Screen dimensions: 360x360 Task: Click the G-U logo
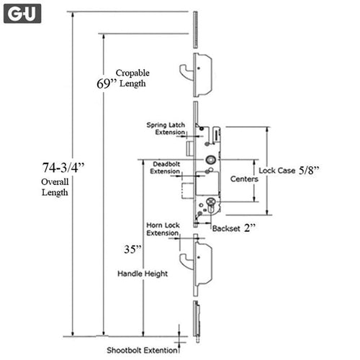(22, 14)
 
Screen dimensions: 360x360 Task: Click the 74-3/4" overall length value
(63, 167)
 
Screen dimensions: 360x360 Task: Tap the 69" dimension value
(107, 84)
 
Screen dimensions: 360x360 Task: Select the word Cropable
(132, 73)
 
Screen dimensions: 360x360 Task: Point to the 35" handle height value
(132, 249)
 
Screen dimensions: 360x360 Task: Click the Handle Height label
(143, 274)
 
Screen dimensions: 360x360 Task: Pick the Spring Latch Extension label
(166, 129)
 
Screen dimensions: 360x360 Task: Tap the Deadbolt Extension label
(166, 168)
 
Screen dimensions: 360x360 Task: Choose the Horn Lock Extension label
(163, 229)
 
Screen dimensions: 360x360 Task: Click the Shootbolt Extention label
(142, 351)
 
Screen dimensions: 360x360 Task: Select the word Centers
(244, 179)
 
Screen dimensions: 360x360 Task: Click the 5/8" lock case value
(309, 170)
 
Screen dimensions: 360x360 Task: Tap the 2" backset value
(250, 228)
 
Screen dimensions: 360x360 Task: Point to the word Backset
(226, 228)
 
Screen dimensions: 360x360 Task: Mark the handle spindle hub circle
(211, 160)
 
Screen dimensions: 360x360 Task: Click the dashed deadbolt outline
(187, 191)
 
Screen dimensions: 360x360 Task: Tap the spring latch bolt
(189, 149)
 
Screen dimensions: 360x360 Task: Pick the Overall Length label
(55, 187)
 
